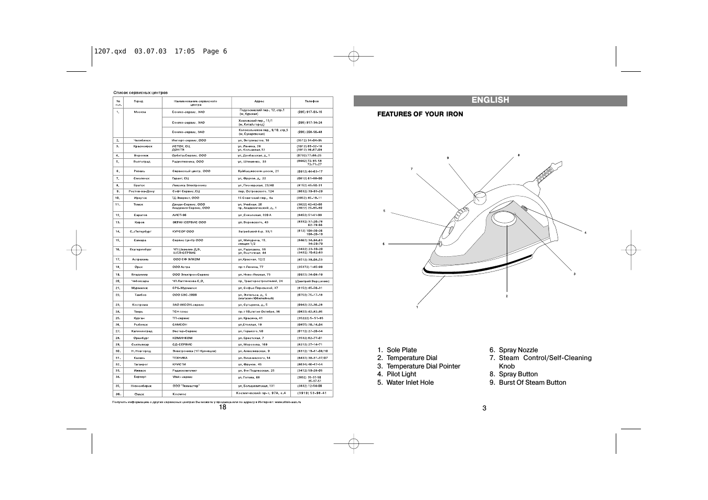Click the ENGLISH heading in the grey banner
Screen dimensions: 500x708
point(490,100)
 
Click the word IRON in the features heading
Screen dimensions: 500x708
point(454,114)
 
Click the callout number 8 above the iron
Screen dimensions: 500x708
point(518,155)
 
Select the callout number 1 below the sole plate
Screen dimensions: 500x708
point(417,307)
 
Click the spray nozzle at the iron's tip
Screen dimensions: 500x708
point(440,243)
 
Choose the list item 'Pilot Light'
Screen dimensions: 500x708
point(401,374)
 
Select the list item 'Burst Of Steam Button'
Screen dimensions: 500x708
point(532,383)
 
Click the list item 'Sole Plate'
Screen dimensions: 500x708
point(401,350)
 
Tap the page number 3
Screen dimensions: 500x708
point(484,408)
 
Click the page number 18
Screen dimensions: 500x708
point(223,408)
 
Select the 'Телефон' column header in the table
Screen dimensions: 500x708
point(311,101)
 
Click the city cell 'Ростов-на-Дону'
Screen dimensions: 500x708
point(141,191)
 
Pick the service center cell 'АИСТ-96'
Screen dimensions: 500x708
point(180,215)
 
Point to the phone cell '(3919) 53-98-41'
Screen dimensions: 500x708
point(311,393)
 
